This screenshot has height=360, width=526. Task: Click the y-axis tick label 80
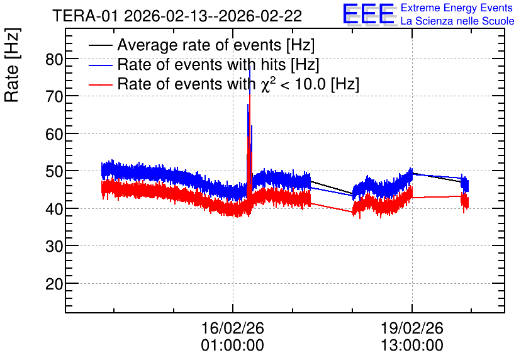(x=54, y=60)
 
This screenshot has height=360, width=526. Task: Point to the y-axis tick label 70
(x=54, y=97)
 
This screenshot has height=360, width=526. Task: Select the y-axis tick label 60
(x=54, y=135)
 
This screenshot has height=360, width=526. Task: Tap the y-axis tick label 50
(x=54, y=172)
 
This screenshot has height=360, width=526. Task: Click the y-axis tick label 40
(x=54, y=210)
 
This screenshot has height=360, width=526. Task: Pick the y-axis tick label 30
(x=54, y=247)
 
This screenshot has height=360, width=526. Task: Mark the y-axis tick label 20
(x=54, y=284)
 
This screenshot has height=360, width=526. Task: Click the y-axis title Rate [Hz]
(x=12, y=65)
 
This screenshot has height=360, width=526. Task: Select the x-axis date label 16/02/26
(x=232, y=328)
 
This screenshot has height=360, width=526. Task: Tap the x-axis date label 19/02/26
(x=412, y=328)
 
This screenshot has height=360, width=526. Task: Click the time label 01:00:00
(x=232, y=346)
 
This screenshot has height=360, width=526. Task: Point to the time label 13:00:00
(x=412, y=346)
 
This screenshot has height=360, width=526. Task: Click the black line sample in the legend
(x=100, y=45)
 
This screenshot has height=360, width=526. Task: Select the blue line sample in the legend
(x=100, y=65)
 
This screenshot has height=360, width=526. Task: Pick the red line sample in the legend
(x=100, y=84)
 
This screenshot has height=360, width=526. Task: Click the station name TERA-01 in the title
(x=85, y=16)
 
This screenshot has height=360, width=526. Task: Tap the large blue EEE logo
(x=369, y=14)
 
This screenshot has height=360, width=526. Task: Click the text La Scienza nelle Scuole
(x=457, y=21)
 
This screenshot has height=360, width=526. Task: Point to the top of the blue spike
(x=250, y=66)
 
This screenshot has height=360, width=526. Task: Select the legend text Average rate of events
(x=199, y=45)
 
